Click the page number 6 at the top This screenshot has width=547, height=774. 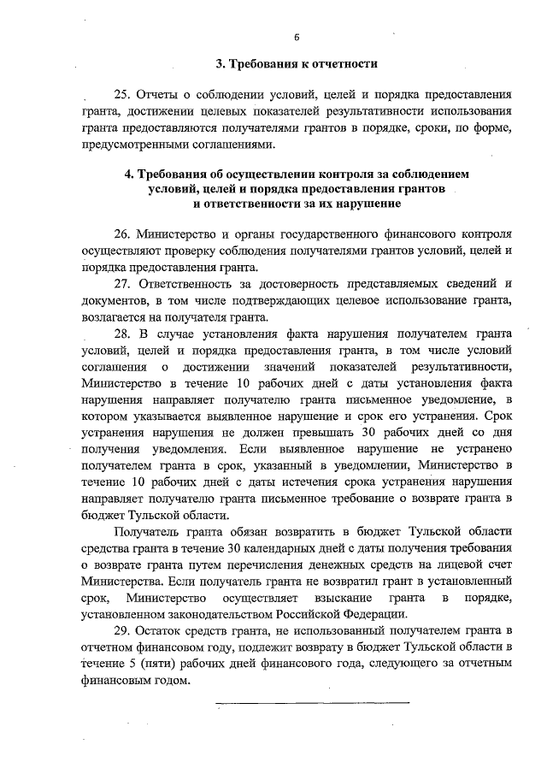point(297,38)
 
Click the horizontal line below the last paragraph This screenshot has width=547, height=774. point(312,703)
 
